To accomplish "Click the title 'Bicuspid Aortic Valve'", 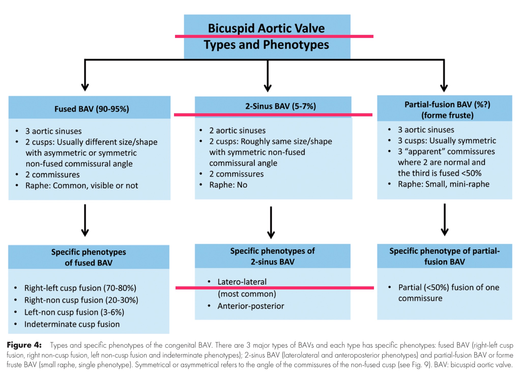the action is pyautogui.click(x=266, y=28).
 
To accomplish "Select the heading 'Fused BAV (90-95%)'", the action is pyautogui.click(x=92, y=109).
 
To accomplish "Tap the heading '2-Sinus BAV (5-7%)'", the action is pyautogui.click(x=280, y=106).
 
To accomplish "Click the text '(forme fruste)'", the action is pyautogui.click(x=447, y=115).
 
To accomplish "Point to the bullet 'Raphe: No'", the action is pyautogui.click(x=228, y=185).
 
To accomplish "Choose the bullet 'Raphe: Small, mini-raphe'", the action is pyautogui.click(x=444, y=184).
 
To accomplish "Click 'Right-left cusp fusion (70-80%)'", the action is pyautogui.click(x=80, y=288).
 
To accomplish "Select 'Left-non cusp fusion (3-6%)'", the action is pyautogui.click(x=74, y=312).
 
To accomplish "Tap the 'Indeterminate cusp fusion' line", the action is pyautogui.click(x=72, y=324).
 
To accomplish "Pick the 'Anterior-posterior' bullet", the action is pyautogui.click(x=251, y=306).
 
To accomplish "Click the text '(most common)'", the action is pyautogui.click(x=247, y=294).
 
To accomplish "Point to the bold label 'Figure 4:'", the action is pyautogui.click(x=24, y=345).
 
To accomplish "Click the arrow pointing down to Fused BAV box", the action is pyautogui.click(x=85, y=75).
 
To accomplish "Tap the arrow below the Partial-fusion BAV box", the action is pyautogui.click(x=444, y=220).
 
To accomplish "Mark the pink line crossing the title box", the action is pyautogui.click(x=274, y=36).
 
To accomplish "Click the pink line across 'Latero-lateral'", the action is pyautogui.click(x=275, y=288).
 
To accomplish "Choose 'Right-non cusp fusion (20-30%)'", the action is pyautogui.click(x=81, y=300).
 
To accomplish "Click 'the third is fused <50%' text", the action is pyautogui.click(x=440, y=173).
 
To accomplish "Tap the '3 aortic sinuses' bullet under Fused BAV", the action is pyautogui.click(x=53, y=131).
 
